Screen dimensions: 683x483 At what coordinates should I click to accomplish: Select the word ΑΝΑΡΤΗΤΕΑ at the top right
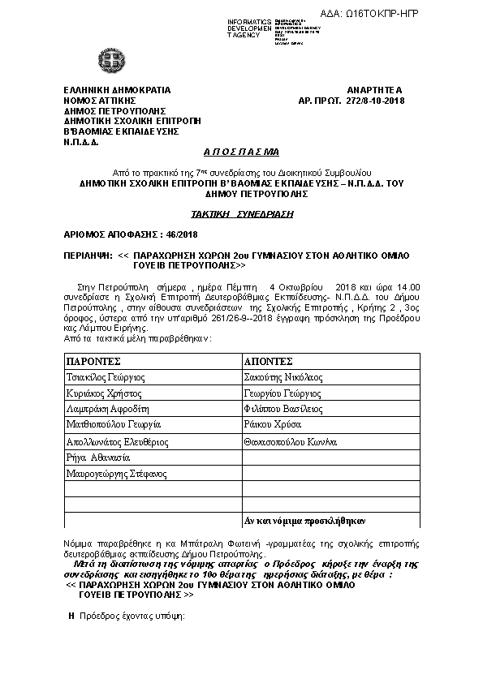[x=374, y=89]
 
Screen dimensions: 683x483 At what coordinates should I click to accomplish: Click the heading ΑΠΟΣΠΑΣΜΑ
[x=240, y=152]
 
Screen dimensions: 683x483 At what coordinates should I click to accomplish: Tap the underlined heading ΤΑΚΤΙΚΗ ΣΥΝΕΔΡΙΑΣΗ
[x=241, y=214]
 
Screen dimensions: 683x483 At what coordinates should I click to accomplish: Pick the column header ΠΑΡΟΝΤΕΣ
[x=94, y=360]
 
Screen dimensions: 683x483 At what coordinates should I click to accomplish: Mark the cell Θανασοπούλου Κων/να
[x=289, y=441]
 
